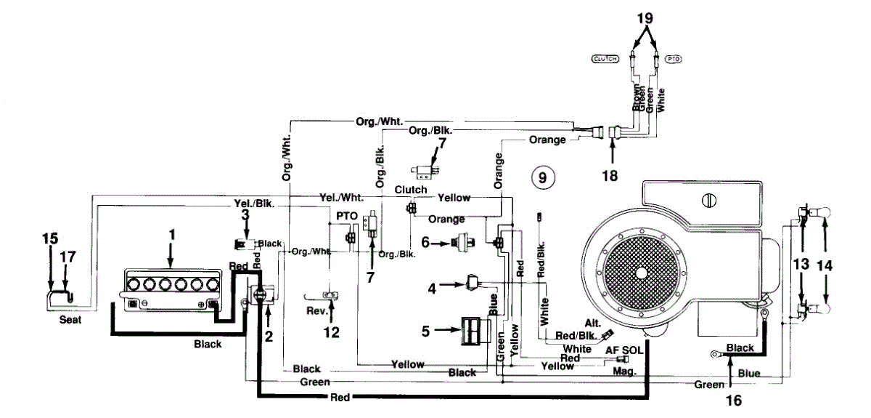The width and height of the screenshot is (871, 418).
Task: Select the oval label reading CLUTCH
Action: click(x=604, y=58)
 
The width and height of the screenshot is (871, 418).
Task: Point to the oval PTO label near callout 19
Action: click(x=674, y=58)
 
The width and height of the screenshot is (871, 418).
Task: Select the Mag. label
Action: click(x=625, y=371)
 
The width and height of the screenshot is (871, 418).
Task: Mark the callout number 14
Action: click(x=825, y=266)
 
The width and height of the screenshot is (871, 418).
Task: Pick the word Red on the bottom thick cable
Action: click(x=340, y=397)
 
